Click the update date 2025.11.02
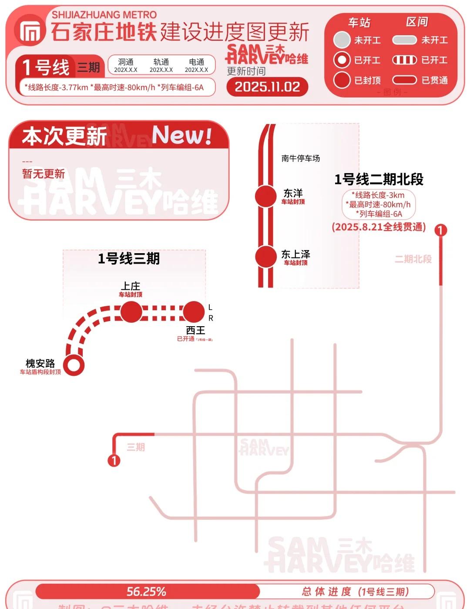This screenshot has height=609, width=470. tap(267, 87)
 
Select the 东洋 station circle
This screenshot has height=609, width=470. tap(265, 196)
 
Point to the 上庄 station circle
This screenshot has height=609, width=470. tap(131, 312)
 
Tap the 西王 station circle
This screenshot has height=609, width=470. tap(194, 312)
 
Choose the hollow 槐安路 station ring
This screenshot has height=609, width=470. tap(74, 365)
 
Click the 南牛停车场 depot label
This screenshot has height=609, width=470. tap(300, 158)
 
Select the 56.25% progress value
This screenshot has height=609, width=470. tap(146, 592)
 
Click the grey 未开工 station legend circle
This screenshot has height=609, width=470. tap(342, 40)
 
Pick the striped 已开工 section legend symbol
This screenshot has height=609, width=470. tap(404, 60)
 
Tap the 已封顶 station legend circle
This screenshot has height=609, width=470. tap(342, 80)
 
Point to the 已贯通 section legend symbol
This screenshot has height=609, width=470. tap(404, 80)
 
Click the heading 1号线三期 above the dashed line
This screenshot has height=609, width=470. tap(129, 258)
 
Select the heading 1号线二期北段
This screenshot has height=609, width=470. tap(379, 179)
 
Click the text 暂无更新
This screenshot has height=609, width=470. tap(44, 174)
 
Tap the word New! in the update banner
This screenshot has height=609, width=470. tap(182, 135)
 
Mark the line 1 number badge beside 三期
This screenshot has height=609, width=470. tap(114, 460)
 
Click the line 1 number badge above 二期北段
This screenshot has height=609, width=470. tap(441, 230)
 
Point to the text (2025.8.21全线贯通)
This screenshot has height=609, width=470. tap(379, 227)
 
